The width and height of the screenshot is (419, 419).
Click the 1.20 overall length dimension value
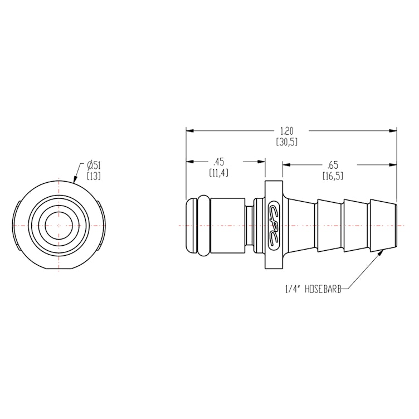coord(287,130)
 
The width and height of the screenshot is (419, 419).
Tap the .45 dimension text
coord(218,162)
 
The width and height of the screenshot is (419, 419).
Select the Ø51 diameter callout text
coord(94,165)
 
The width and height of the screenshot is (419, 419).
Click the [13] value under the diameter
coord(94,176)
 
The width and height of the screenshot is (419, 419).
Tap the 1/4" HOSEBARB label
coord(313,289)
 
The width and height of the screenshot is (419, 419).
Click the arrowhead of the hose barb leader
coord(382,252)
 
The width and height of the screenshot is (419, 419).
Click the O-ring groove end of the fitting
coord(192,226)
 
